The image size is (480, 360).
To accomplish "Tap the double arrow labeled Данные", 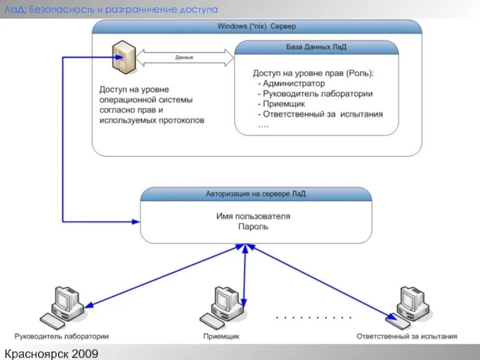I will [184, 58].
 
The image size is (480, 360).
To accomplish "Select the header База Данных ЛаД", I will [316, 47].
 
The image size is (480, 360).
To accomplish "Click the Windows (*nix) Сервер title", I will [256, 26].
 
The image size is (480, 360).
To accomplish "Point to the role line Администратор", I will [293, 83].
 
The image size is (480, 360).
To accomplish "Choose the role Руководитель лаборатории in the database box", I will [317, 94].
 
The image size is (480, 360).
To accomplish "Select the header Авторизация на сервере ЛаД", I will [256, 194].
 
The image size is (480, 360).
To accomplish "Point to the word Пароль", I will [253, 227].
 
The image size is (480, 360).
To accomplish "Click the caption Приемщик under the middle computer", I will [221, 337].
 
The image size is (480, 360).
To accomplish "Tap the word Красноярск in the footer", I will [35, 353].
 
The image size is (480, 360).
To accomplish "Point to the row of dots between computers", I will [313, 317].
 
